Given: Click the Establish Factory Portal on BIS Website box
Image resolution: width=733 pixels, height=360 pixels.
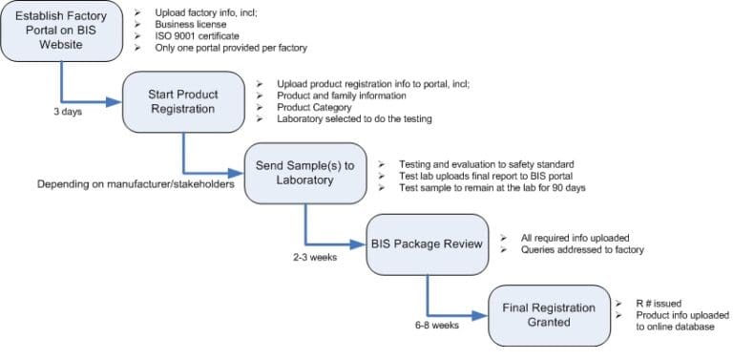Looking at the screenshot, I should click(x=61, y=32).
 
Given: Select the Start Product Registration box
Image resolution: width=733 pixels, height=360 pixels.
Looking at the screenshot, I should click(x=183, y=102).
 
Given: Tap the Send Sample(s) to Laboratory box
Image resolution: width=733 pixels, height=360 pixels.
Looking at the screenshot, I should click(x=304, y=173).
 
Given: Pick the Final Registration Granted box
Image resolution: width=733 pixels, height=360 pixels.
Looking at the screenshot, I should click(x=549, y=315).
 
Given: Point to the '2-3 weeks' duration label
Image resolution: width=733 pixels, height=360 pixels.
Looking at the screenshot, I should click(x=314, y=257).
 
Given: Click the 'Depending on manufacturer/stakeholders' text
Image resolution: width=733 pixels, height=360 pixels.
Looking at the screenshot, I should click(x=136, y=183).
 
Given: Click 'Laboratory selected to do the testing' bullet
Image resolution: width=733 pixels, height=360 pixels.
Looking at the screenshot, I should click(x=354, y=119).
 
